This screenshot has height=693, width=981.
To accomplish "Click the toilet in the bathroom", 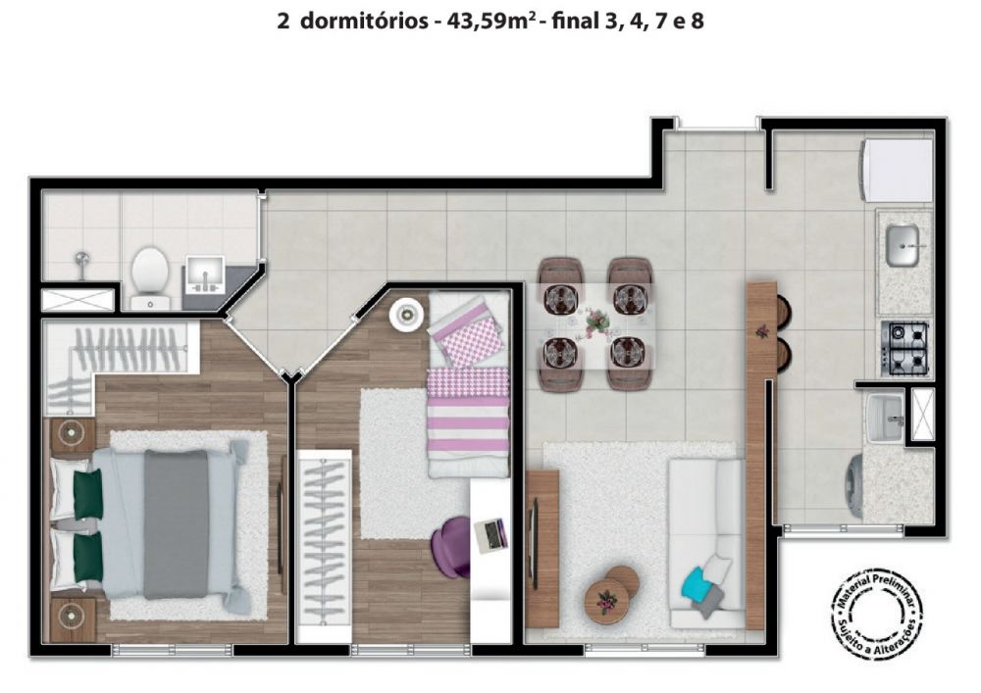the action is (x=150, y=277).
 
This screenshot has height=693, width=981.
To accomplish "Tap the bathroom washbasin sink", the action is (x=205, y=273).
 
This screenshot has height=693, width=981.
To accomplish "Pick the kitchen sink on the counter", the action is (x=903, y=245).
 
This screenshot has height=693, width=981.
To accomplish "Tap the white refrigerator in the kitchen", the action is (x=898, y=170).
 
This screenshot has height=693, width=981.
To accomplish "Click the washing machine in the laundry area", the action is (x=854, y=487).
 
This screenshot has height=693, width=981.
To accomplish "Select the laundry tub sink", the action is (x=885, y=417).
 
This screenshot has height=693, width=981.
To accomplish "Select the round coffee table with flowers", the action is (x=605, y=599).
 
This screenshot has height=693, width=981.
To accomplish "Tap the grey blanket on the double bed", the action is (x=176, y=524).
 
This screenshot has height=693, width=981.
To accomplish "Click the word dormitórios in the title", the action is (x=364, y=22).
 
